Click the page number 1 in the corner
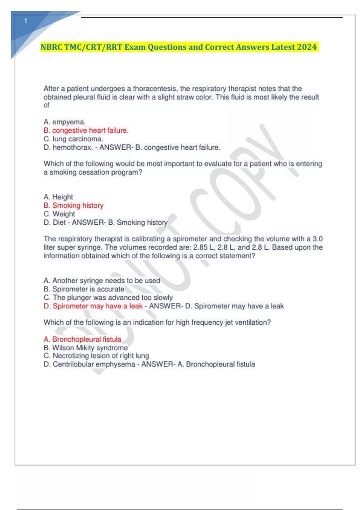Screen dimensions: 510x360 [26, 21]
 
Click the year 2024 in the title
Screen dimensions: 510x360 [307, 47]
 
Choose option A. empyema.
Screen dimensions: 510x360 [64, 122]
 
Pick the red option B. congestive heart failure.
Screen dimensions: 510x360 [86, 130]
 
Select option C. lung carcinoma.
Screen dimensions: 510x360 [73, 139]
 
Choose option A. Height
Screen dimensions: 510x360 [58, 197]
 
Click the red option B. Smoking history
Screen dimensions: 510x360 [73, 205]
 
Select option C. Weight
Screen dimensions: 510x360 [59, 214]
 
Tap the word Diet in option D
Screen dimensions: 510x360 [59, 222]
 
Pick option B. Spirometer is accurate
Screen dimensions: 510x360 [84, 289]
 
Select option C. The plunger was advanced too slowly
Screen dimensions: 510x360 [108, 297]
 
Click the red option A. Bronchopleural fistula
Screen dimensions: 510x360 [82, 339]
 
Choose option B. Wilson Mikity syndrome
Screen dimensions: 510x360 [85, 348]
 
